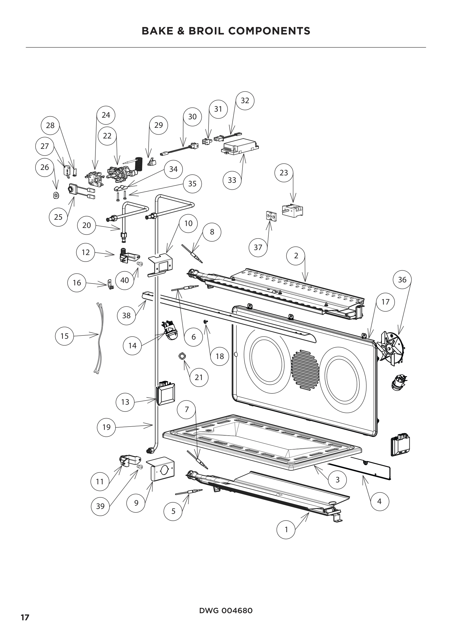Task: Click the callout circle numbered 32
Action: (245, 100)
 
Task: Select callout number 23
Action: (284, 173)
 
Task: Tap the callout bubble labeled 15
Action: (64, 336)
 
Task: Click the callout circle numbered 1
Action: (286, 530)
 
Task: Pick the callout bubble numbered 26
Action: (45, 167)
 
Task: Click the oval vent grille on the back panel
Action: (304, 369)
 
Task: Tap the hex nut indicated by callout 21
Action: (182, 356)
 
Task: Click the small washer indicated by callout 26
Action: (56, 195)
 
